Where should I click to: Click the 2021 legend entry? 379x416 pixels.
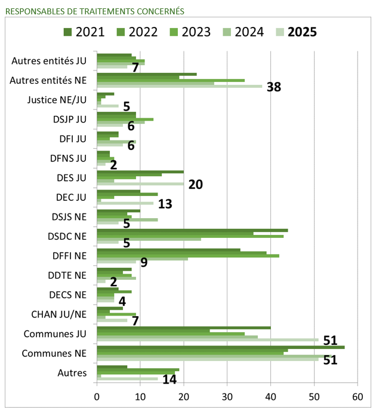pyautogui.click(x=83, y=32)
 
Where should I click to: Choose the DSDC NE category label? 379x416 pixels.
pyautogui.click(x=67, y=236)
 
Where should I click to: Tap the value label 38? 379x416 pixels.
pyautogui.click(x=274, y=87)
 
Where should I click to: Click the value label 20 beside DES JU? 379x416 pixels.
pyautogui.click(x=196, y=185)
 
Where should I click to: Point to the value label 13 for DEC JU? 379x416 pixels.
pyautogui.click(x=165, y=204)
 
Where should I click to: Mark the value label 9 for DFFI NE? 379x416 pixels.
pyautogui.click(x=144, y=262)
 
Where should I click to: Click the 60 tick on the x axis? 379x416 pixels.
pyautogui.click(x=358, y=396)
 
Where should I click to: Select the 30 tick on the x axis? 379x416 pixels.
pyautogui.click(x=227, y=396)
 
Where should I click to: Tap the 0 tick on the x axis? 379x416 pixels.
pyautogui.click(x=97, y=396)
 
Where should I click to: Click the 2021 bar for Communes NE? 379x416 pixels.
pyautogui.click(x=221, y=347)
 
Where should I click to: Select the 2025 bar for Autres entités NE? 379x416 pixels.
pyautogui.click(x=179, y=86)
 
